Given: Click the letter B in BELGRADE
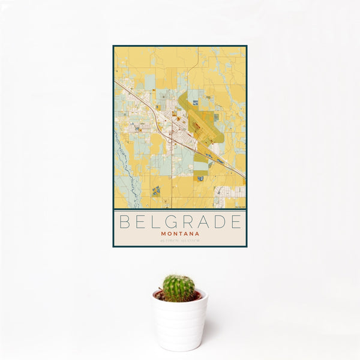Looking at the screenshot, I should click(124, 222).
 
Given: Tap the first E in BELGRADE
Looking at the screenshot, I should click(140, 222).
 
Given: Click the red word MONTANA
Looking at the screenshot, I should click(180, 233).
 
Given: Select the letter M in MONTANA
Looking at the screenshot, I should click(163, 233).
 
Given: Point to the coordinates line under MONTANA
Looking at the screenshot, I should click(180, 241).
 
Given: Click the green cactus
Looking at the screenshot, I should click(179, 289).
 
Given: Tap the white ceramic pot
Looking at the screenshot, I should click(179, 321).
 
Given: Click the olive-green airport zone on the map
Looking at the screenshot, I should click(204, 120).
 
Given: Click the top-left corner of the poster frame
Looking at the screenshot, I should click(113, 46).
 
